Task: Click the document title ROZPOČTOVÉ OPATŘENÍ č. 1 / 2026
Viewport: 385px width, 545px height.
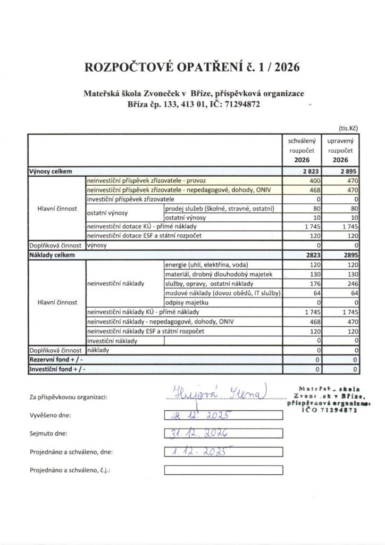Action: click(192, 68)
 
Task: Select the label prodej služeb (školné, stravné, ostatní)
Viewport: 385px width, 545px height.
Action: click(219, 208)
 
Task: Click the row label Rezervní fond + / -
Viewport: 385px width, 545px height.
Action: click(56, 360)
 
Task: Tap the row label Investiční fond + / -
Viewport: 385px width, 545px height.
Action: click(57, 369)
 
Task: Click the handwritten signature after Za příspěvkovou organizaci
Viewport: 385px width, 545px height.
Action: click(218, 394)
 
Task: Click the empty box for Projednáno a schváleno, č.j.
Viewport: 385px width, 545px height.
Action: click(223, 470)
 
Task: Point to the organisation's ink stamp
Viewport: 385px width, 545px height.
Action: click(325, 400)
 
